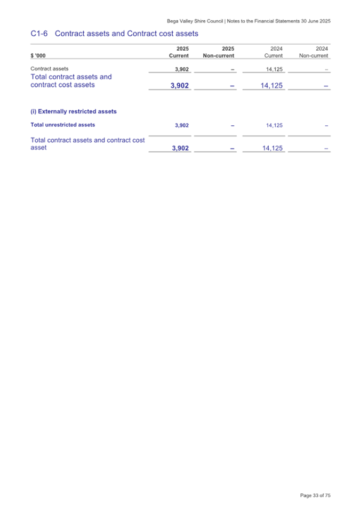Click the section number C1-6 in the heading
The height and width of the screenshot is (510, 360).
click(x=41, y=34)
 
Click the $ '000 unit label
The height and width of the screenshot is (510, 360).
click(x=38, y=55)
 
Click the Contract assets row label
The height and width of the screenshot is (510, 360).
click(x=49, y=69)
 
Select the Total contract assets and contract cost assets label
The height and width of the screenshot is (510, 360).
click(x=71, y=80)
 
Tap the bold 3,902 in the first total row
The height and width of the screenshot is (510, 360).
click(x=180, y=85)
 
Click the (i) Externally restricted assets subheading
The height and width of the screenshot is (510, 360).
click(x=74, y=111)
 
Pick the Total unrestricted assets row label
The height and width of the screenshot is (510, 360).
click(x=63, y=125)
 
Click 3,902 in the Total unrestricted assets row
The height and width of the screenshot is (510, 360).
click(x=181, y=126)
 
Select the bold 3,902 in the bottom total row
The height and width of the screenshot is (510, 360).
click(x=180, y=149)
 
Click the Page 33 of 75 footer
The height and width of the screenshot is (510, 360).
click(x=315, y=496)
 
